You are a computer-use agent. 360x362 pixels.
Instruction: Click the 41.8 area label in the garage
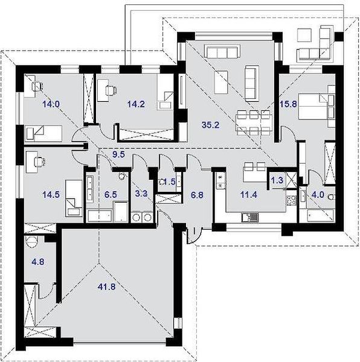(106, 287)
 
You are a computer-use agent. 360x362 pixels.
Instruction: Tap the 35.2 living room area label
(210, 125)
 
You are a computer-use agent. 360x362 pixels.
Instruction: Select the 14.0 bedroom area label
(51, 104)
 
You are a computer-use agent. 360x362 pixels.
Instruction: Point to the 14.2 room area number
(136, 104)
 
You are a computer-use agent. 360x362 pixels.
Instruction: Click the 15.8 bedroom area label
(288, 104)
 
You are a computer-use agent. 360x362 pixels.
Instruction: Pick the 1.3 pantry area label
(277, 180)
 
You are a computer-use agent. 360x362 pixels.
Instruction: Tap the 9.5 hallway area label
(118, 154)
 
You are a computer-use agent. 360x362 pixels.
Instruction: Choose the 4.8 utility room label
(38, 262)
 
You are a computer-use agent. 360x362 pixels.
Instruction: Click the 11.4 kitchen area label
(249, 195)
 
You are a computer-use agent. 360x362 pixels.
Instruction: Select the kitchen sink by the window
(250, 217)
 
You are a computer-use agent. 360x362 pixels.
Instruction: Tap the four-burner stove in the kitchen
(291, 200)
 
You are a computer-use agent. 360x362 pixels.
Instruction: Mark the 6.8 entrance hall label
(197, 195)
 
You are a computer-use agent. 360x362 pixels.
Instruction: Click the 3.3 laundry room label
(141, 194)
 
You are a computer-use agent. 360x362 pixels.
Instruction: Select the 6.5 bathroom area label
(111, 195)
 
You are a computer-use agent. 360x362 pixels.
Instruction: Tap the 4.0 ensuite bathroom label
(318, 195)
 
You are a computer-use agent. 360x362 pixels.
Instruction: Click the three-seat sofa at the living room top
(222, 51)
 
